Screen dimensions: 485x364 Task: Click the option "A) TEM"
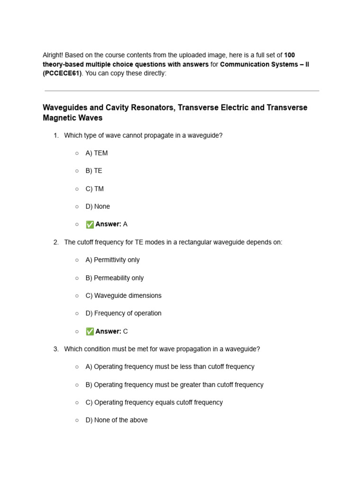click(97, 153)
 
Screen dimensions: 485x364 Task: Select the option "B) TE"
click(94, 171)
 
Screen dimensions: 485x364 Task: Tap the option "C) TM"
click(94, 189)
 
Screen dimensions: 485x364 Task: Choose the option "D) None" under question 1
click(98, 207)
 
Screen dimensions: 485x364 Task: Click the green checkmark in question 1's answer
click(90, 225)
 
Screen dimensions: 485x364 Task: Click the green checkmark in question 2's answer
click(90, 332)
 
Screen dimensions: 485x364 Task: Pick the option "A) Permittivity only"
click(112, 260)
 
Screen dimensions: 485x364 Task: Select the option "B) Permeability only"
click(114, 278)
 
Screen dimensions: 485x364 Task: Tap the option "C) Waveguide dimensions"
click(123, 296)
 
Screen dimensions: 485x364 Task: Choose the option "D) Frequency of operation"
click(123, 313)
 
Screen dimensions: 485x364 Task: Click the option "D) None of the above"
click(117, 420)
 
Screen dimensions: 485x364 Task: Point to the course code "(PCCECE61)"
click(62, 73)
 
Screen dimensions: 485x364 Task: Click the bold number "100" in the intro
click(290, 55)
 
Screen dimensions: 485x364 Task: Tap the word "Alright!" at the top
click(53, 55)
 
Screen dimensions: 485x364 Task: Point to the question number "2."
click(56, 242)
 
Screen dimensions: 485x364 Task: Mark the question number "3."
click(56, 349)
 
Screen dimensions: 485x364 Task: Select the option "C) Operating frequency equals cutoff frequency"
click(154, 402)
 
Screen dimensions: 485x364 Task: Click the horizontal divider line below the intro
click(182, 90)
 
